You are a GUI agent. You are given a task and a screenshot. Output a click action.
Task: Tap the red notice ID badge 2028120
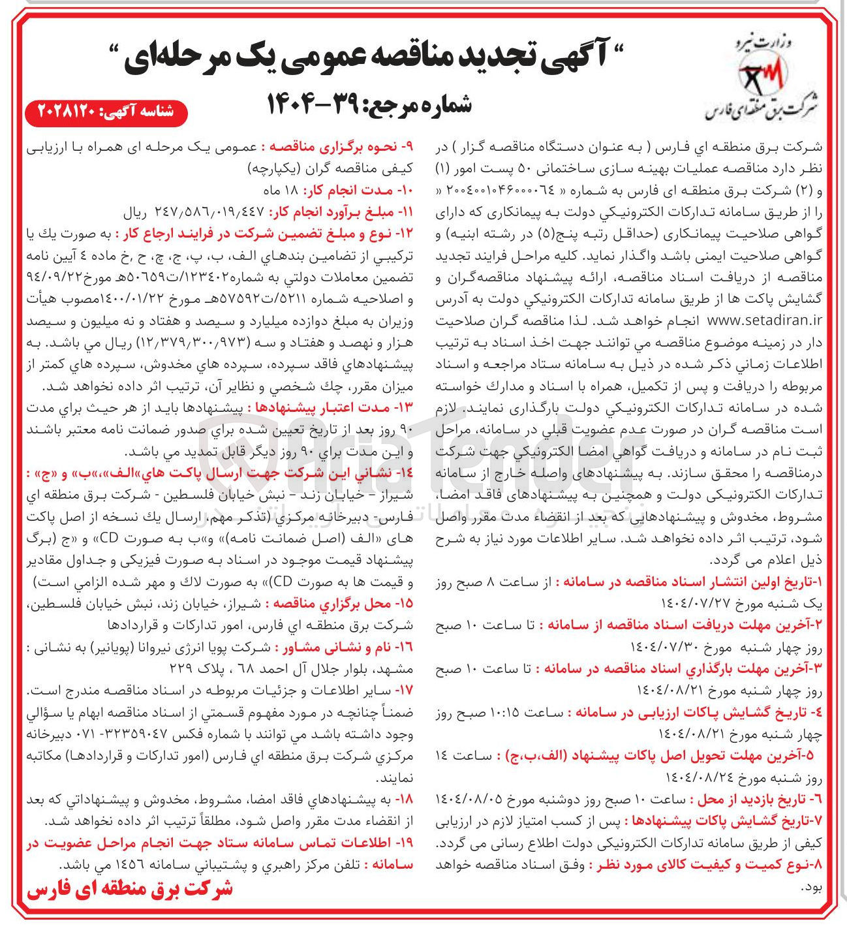pos(106,112)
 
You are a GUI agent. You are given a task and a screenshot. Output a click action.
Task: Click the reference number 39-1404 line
pos(369,104)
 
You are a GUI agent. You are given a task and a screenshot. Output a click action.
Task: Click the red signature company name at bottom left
pos(130,890)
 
